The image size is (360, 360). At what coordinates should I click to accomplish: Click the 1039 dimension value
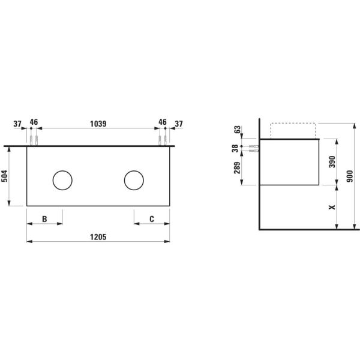(98, 124)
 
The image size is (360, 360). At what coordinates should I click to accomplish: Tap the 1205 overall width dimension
(98, 237)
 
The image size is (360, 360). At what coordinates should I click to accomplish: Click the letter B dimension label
(44, 219)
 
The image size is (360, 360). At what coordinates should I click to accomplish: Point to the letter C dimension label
(151, 219)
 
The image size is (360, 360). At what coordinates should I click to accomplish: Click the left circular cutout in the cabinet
(62, 179)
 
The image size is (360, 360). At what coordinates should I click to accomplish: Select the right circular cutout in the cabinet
(134, 179)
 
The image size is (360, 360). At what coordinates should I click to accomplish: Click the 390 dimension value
(330, 162)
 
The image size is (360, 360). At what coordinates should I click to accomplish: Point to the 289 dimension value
(236, 167)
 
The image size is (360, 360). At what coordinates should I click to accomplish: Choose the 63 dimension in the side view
(236, 129)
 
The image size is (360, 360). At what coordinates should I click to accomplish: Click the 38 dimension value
(235, 148)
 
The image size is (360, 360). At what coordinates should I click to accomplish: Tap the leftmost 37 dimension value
(17, 124)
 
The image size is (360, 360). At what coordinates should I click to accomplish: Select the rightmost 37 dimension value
(178, 124)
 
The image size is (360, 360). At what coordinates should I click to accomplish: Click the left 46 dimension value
(34, 122)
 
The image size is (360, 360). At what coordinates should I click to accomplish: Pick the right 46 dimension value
(162, 122)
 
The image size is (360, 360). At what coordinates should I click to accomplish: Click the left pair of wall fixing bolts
(34, 140)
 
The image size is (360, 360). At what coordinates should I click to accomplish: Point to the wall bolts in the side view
(253, 148)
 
